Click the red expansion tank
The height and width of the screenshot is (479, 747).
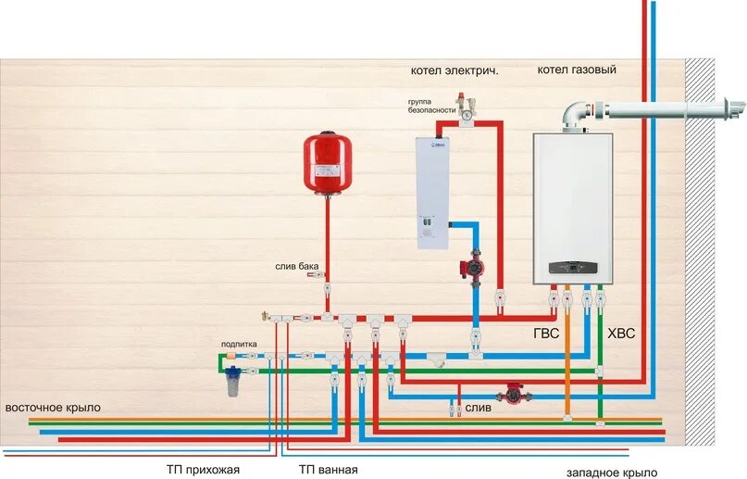coord(324,163)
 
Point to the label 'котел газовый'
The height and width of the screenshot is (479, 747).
coord(576,69)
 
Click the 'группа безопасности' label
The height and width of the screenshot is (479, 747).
coord(430,105)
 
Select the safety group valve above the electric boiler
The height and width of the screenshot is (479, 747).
coord(467,107)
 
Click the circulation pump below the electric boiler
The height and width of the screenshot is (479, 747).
coord(474,268)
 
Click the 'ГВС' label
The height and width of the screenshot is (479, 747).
coord(546,334)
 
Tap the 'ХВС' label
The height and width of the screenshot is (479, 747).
coord(621,334)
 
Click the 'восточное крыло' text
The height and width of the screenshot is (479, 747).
coord(53,408)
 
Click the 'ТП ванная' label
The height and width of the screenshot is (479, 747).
coord(327,470)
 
